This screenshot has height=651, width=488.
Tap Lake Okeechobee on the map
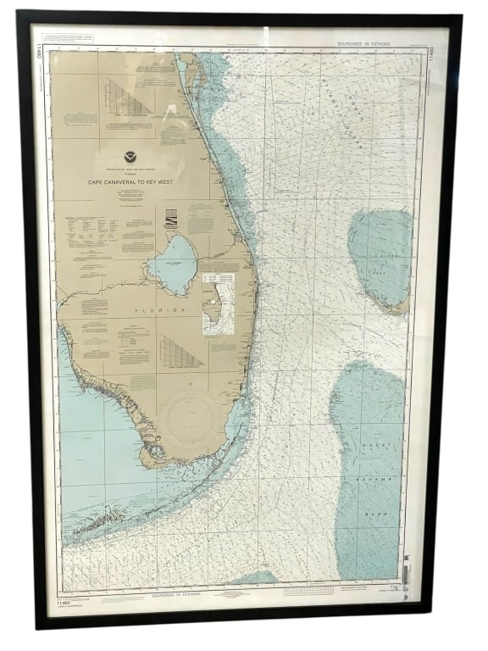click(174, 264)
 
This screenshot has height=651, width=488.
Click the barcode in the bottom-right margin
click(407, 580)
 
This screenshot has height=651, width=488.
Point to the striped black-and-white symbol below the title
click(171, 220)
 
